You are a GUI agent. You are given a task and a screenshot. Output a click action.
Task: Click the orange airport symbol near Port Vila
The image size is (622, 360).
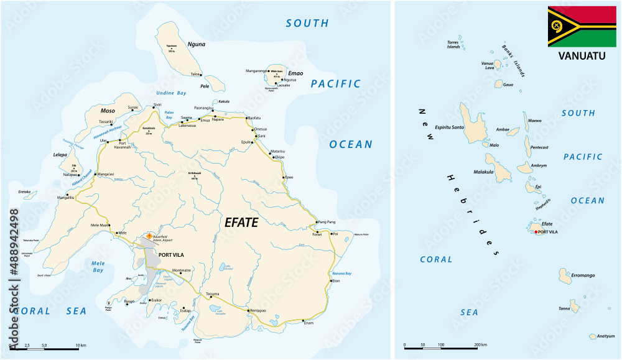(x=149, y=236)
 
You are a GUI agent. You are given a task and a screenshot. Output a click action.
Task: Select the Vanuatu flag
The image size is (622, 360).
(x=582, y=26)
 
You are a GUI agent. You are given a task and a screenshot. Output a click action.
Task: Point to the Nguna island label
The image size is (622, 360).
(x=195, y=44)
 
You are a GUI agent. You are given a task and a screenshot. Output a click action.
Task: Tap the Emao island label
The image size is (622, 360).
(x=295, y=73)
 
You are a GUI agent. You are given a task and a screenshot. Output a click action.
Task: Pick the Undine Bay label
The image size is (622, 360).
(x=172, y=93)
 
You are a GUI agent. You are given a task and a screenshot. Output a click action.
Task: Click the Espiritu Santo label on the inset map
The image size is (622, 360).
(x=450, y=127)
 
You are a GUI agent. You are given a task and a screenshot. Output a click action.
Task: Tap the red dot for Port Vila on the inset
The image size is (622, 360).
(x=535, y=232)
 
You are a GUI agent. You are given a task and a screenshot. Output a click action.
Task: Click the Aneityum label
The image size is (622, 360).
(x=605, y=336)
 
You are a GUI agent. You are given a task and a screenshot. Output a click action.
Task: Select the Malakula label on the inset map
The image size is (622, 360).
(x=483, y=172)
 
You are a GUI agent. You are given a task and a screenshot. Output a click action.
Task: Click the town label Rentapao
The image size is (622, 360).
(x=258, y=310)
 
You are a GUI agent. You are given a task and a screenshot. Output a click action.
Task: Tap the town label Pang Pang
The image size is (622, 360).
(x=327, y=222)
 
